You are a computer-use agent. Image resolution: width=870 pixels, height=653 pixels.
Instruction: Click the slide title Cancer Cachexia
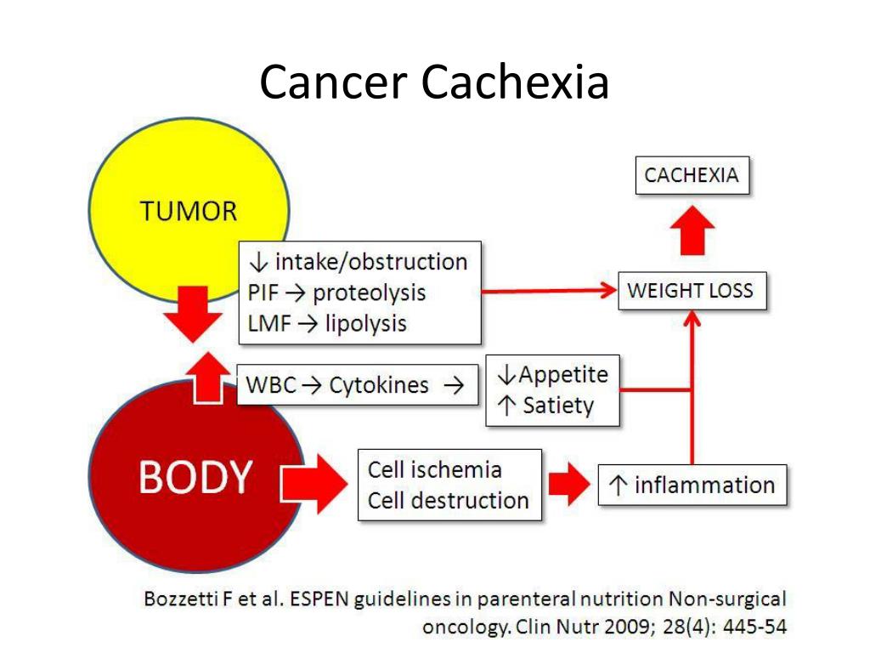click(x=434, y=83)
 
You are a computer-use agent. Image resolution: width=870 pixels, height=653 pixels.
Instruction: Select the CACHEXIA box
click(x=692, y=176)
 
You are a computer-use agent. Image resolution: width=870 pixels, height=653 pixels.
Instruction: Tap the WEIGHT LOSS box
click(x=690, y=291)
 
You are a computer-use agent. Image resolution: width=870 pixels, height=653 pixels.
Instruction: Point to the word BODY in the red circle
click(x=195, y=478)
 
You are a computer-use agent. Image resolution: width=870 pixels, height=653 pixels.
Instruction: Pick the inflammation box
click(x=692, y=485)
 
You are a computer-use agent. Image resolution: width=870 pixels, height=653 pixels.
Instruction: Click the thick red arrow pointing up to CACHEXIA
click(x=692, y=230)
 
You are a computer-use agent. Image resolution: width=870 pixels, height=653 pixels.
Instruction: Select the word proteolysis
click(x=369, y=293)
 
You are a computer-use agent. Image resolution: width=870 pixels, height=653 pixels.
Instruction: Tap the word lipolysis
click(x=365, y=323)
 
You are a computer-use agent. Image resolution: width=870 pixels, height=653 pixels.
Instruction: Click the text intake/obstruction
click(x=370, y=262)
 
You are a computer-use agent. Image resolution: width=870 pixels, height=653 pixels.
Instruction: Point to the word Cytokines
click(x=379, y=385)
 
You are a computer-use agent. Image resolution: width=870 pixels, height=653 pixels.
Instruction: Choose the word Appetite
click(x=563, y=375)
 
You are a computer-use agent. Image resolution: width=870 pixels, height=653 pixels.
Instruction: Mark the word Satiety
click(x=557, y=406)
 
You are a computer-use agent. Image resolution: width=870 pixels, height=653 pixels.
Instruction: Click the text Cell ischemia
click(x=434, y=469)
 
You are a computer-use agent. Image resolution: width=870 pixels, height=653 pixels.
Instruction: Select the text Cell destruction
click(x=448, y=500)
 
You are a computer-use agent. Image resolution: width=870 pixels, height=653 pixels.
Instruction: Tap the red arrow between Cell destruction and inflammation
click(x=568, y=485)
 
